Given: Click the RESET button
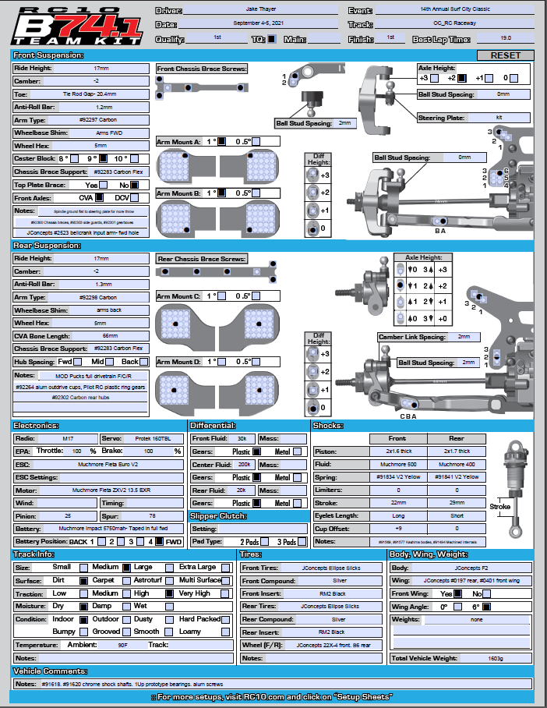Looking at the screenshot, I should pyautogui.click(x=505, y=55).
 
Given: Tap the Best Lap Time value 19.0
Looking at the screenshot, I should pyautogui.click(x=506, y=38).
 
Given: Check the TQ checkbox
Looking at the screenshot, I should pyautogui.click(x=271, y=38).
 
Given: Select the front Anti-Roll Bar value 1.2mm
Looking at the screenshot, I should pyautogui.click(x=103, y=107).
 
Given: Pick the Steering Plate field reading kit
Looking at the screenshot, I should pyautogui.click(x=498, y=118).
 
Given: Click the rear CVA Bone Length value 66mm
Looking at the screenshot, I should pyautogui.click(x=103, y=336).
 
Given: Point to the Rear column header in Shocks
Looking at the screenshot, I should pyautogui.click(x=457, y=439).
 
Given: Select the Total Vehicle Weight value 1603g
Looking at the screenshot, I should pyautogui.click(x=496, y=659).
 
